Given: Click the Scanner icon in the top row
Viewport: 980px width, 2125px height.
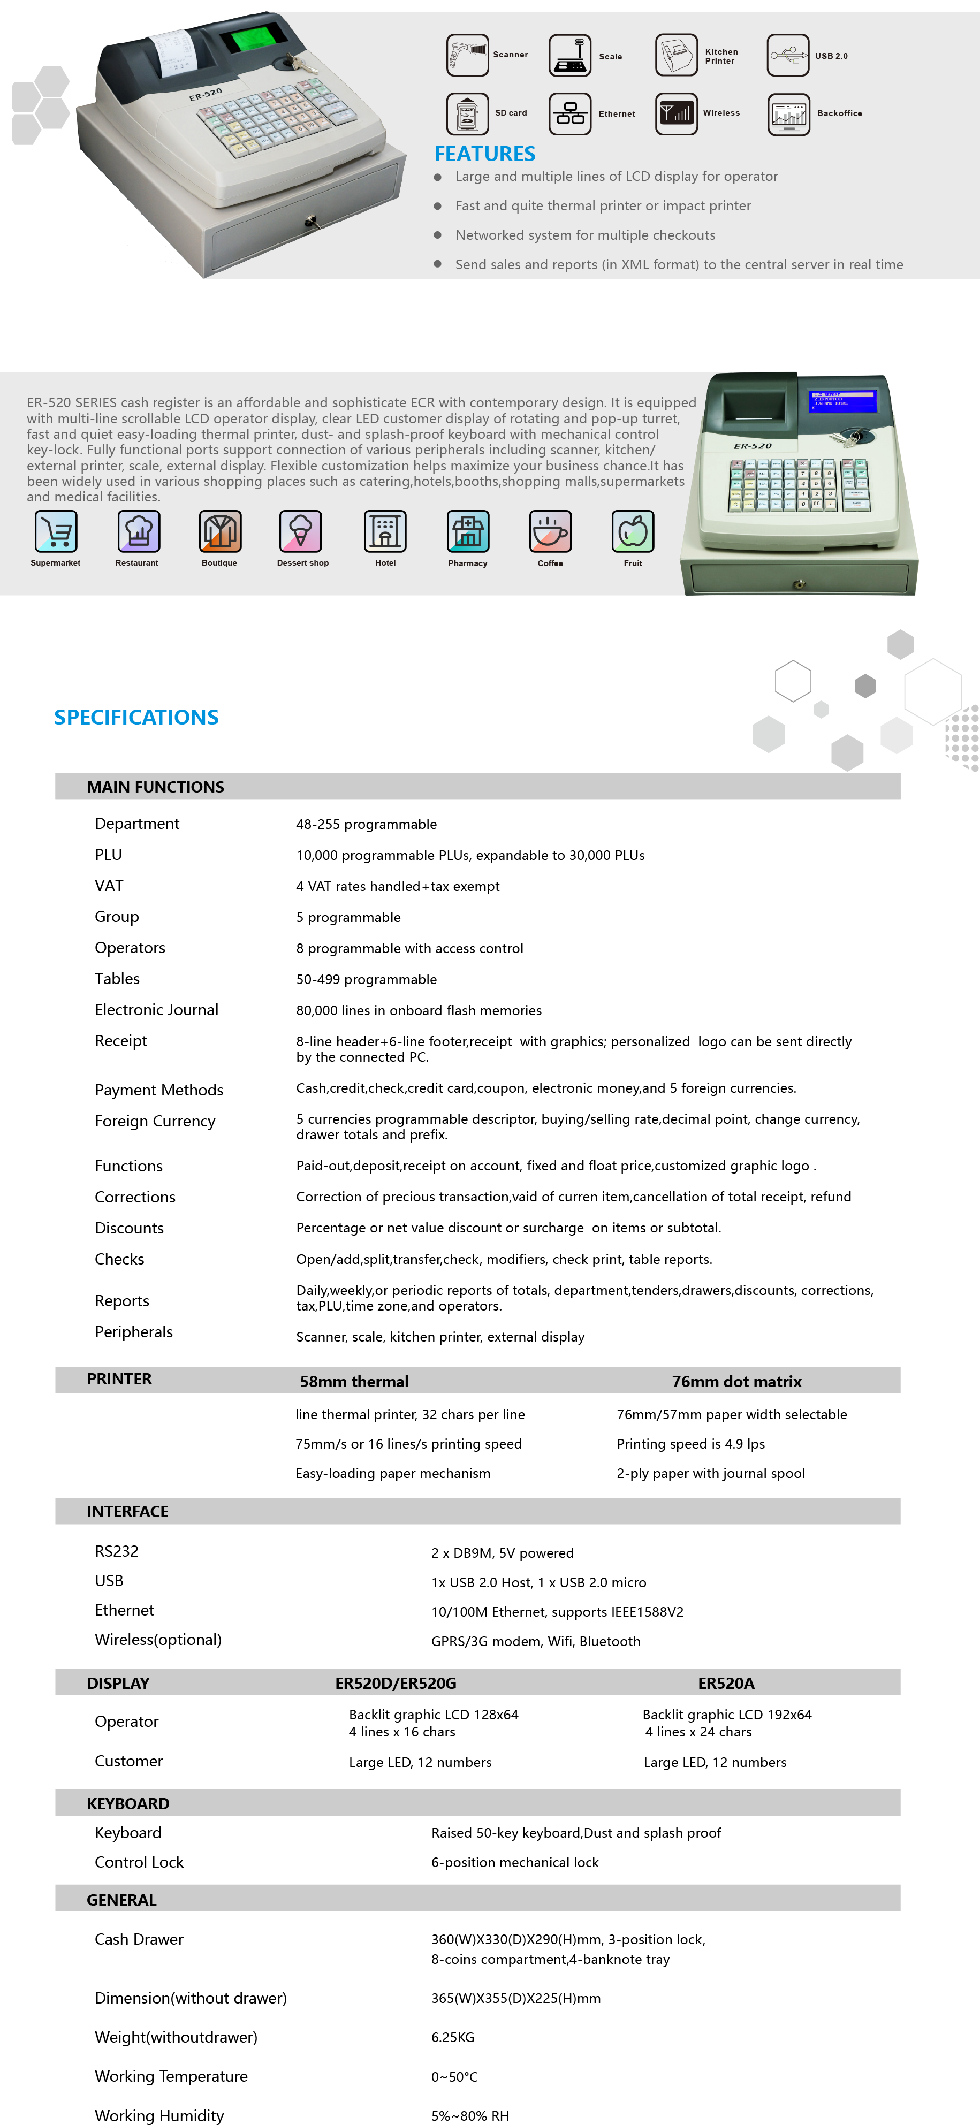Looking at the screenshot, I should coord(467,55).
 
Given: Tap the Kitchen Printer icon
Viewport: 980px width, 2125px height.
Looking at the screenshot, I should coord(677,55).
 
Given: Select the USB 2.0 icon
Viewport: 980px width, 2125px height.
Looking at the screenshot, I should coord(788,55).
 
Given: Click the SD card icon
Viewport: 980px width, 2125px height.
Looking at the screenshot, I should coord(467,113).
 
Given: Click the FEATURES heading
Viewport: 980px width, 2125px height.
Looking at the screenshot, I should coord(484,154).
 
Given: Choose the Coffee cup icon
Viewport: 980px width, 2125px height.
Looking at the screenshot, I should coord(550,531).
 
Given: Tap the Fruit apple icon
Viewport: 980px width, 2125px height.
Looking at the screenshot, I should coord(633,531).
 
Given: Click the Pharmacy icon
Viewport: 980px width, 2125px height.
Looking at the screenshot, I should coord(468,531).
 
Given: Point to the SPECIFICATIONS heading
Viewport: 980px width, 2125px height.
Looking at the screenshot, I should coord(136,718).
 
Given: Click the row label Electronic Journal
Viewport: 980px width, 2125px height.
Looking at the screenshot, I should coord(157,1010).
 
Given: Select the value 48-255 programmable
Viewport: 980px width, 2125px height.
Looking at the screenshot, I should coord(366,824).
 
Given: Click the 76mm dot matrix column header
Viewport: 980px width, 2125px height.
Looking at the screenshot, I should coord(736,1382).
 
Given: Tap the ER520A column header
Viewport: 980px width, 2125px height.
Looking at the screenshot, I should coord(726,1684).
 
